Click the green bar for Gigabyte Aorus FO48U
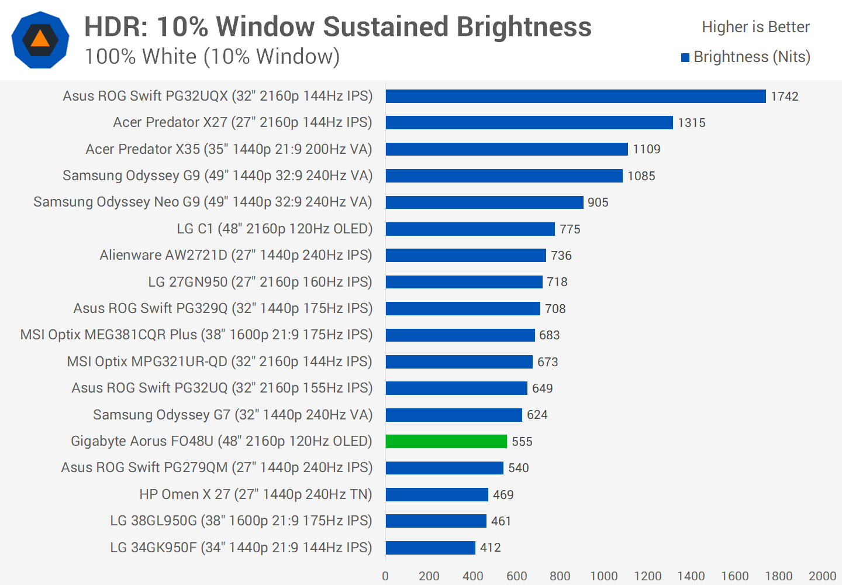446,441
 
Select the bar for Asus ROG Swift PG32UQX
575,96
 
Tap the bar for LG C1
470,229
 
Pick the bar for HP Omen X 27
437,494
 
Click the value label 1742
784,97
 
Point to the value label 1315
691,123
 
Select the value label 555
522,442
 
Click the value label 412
490,548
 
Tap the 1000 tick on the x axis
603,576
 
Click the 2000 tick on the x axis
822,576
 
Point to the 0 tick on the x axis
385,576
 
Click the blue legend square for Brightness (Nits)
685,57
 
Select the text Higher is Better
755,27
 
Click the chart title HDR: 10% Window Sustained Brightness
337,27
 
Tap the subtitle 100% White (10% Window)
212,57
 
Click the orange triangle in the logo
40,39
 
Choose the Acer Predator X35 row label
229,149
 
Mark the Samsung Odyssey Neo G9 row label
202,202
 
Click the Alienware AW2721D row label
236,255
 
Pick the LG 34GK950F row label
241,548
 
